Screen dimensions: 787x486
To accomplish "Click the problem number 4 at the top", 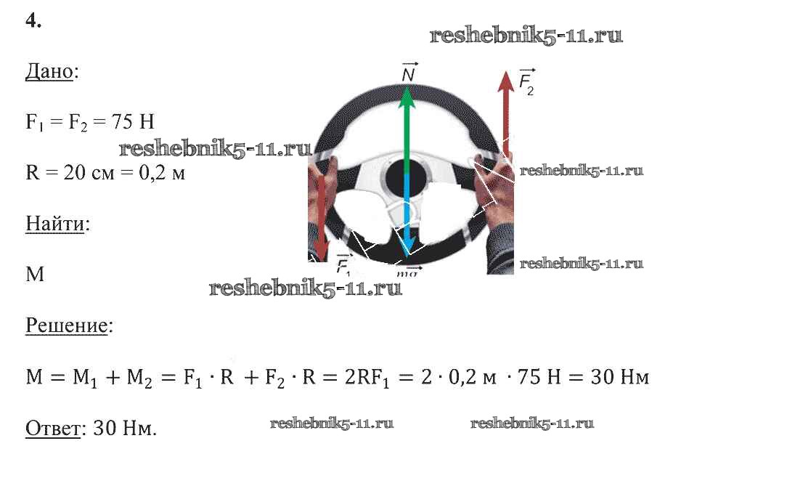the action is pyautogui.click(x=33, y=20).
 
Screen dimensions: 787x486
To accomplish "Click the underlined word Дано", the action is pyautogui.click(x=49, y=71).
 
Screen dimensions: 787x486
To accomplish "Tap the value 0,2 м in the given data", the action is pyautogui.click(x=162, y=173).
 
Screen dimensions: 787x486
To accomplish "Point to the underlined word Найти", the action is pyautogui.click(x=54, y=224).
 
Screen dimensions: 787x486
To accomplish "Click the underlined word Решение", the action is pyautogui.click(x=67, y=326).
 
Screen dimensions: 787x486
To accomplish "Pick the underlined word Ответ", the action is pyautogui.click(x=53, y=429).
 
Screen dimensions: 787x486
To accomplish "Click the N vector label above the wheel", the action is pyautogui.click(x=409, y=73).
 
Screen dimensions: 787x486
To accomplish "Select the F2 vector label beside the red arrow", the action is pyautogui.click(x=526, y=82).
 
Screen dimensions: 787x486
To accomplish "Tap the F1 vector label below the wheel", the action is pyautogui.click(x=343, y=264).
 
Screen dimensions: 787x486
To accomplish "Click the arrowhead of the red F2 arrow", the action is pyautogui.click(x=506, y=81).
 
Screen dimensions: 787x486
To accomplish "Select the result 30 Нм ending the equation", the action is pyautogui.click(x=620, y=377).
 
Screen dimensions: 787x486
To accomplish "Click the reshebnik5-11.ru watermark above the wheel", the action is pyautogui.click(x=526, y=35).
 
